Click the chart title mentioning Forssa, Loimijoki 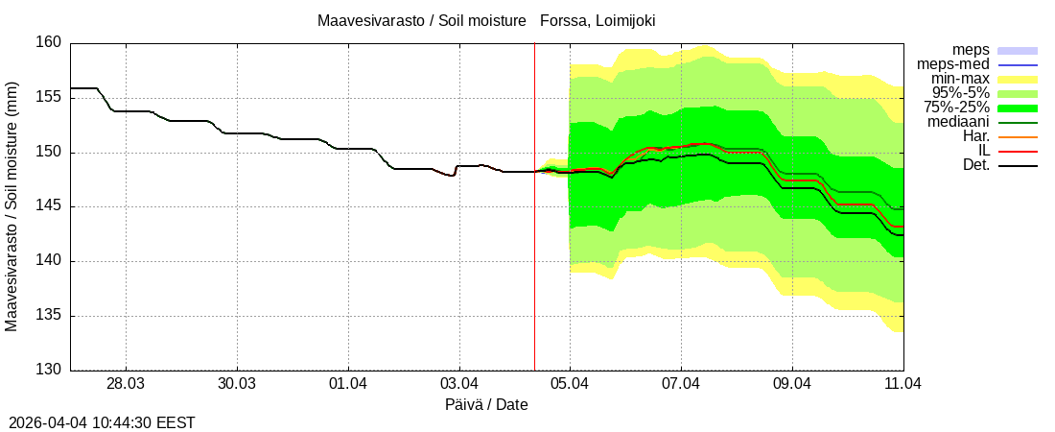486,20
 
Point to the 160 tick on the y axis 52,43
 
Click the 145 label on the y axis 52,206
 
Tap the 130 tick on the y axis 52,371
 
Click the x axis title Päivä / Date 486,405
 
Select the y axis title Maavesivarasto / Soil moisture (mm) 12,206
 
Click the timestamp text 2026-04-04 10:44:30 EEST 102,422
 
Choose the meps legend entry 971,50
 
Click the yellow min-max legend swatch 1018,79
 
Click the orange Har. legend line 1018,136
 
